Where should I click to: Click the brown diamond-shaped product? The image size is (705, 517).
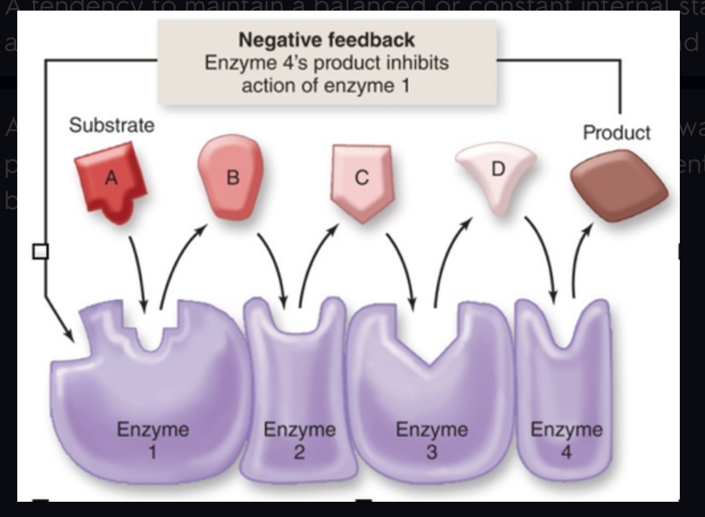point(619,185)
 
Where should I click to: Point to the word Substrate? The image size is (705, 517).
point(111,125)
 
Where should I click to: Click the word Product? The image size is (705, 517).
point(616,132)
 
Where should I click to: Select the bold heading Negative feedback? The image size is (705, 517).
point(327,40)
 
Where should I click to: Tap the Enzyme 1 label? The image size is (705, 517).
point(153,439)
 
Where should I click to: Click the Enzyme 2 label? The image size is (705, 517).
point(299,439)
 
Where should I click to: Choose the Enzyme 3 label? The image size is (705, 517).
point(431,439)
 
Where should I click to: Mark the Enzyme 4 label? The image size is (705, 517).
point(567,439)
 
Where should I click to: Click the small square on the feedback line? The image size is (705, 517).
point(40,251)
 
